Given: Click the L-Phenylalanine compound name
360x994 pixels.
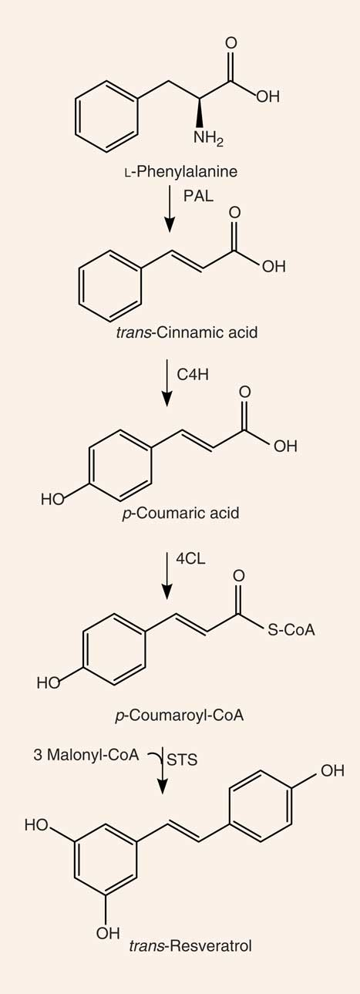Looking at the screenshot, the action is [180, 172].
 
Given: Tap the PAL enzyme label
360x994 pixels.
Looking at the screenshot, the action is [198, 196].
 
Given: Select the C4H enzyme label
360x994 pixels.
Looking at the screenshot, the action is [193, 375].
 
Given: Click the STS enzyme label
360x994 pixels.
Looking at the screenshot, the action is [182, 760].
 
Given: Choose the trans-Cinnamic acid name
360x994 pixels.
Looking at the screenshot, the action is [187, 332].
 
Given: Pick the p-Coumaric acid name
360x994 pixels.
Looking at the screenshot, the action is [180, 513].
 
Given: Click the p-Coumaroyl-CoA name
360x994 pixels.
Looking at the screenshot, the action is [180, 715].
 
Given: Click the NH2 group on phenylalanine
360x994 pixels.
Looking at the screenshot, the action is [208, 139].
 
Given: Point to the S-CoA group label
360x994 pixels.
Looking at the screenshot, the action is [291, 630].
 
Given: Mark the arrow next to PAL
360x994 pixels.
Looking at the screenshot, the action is [170, 208].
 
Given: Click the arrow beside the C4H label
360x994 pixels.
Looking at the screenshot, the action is [167, 382].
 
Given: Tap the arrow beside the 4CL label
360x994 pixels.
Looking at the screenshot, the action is [167, 575].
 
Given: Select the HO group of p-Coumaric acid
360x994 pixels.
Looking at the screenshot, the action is [52, 499].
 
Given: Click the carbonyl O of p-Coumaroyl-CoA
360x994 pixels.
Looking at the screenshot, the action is [238, 576].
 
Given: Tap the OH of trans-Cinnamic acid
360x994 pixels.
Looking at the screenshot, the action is [274, 266].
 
